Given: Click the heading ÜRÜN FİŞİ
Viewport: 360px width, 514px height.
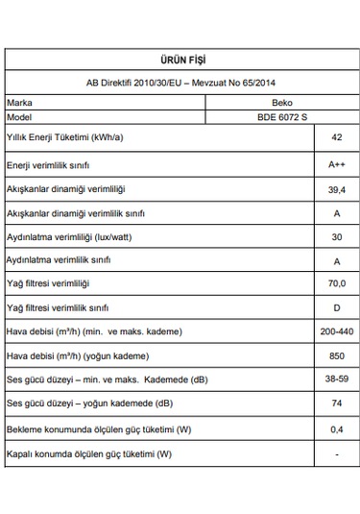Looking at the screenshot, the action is click(180, 61).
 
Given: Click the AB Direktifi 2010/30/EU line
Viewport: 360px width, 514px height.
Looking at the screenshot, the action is click(180, 83).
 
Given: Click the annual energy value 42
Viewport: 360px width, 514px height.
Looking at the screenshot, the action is click(336, 139).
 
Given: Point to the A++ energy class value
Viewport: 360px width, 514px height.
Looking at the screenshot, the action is click(336, 165).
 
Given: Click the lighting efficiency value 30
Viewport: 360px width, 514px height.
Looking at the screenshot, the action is click(336, 236).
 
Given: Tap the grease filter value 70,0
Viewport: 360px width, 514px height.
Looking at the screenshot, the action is click(336, 283).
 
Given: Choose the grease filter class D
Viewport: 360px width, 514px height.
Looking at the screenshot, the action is click(336, 307).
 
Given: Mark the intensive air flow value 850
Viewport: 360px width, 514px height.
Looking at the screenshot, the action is click(336, 355).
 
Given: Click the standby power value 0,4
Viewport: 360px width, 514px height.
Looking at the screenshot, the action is click(336, 428).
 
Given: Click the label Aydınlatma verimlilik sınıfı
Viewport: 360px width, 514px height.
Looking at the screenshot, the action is click(60, 260).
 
